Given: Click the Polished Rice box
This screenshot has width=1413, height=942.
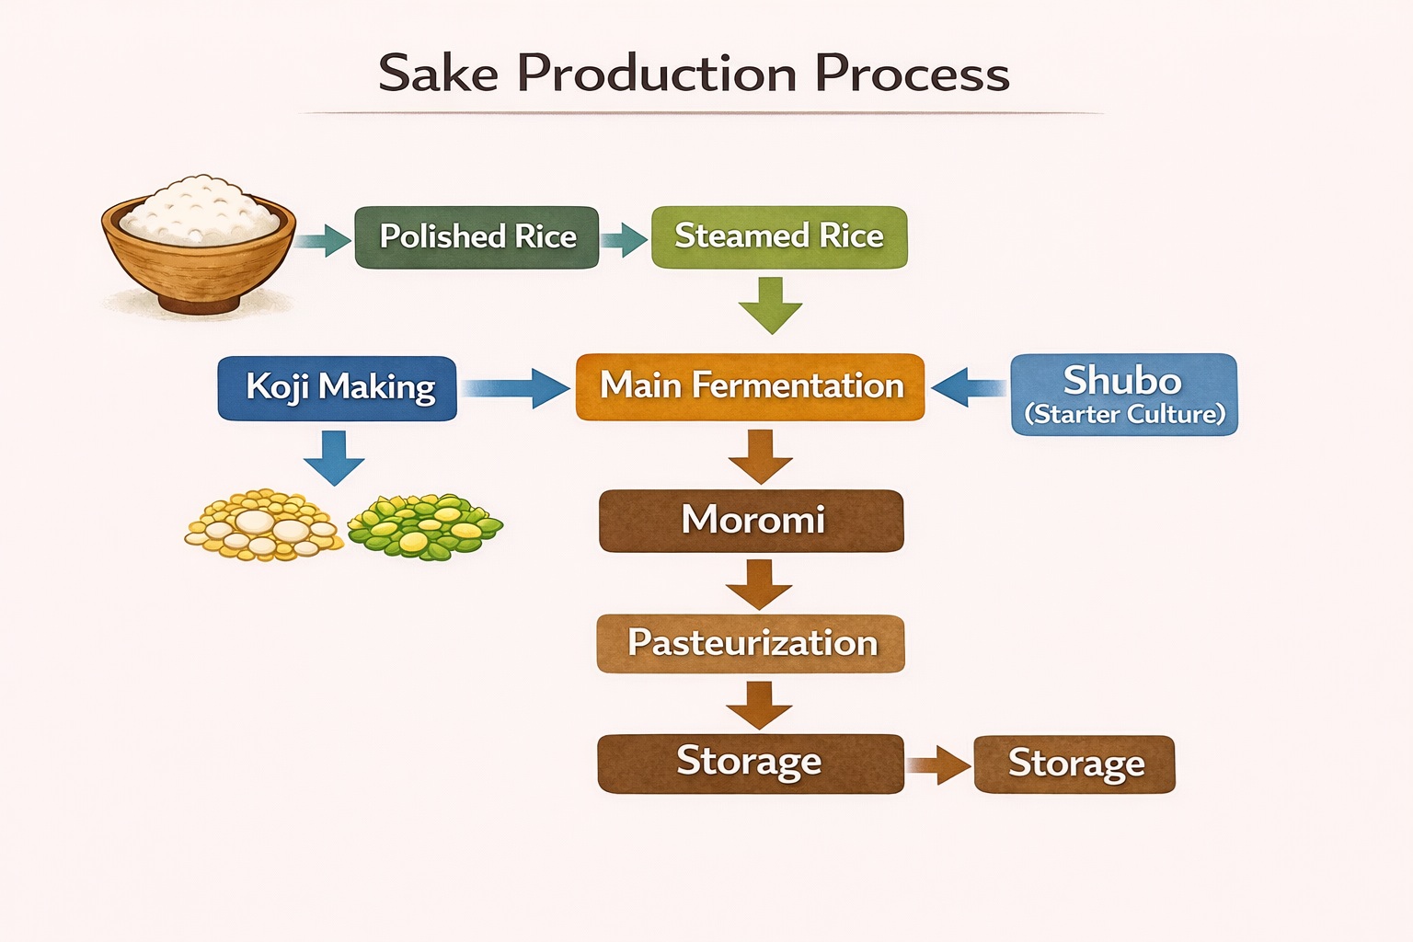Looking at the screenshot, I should tap(477, 237).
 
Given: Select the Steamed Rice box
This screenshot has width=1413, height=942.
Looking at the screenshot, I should tap(779, 237).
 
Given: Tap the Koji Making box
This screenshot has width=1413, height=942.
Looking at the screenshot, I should tap(338, 388).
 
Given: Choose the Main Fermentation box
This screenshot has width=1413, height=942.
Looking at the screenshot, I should tap(750, 386).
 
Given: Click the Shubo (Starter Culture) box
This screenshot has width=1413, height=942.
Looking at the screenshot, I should tap(1123, 394).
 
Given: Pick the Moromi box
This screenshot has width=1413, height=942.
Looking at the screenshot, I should tap(751, 521).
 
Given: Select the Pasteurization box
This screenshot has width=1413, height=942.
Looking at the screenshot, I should tap(751, 643).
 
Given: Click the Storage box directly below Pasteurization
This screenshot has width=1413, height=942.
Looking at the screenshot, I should tap(750, 763).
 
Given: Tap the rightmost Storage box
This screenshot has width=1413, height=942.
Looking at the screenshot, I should tap(1074, 764).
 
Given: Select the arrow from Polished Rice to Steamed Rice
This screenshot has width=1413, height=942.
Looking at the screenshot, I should tap(625, 240).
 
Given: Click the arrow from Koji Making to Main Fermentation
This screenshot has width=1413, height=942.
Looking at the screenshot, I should tap(515, 388).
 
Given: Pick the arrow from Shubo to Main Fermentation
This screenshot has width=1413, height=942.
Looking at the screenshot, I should tap(968, 387).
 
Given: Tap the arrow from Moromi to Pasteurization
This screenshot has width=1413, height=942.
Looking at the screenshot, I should tap(759, 584).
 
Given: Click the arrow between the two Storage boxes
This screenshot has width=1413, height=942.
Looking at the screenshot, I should tap(939, 764).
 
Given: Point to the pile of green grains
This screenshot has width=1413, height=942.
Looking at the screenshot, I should tap(424, 527).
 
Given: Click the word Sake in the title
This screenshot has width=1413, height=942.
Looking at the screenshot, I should tap(438, 74).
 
